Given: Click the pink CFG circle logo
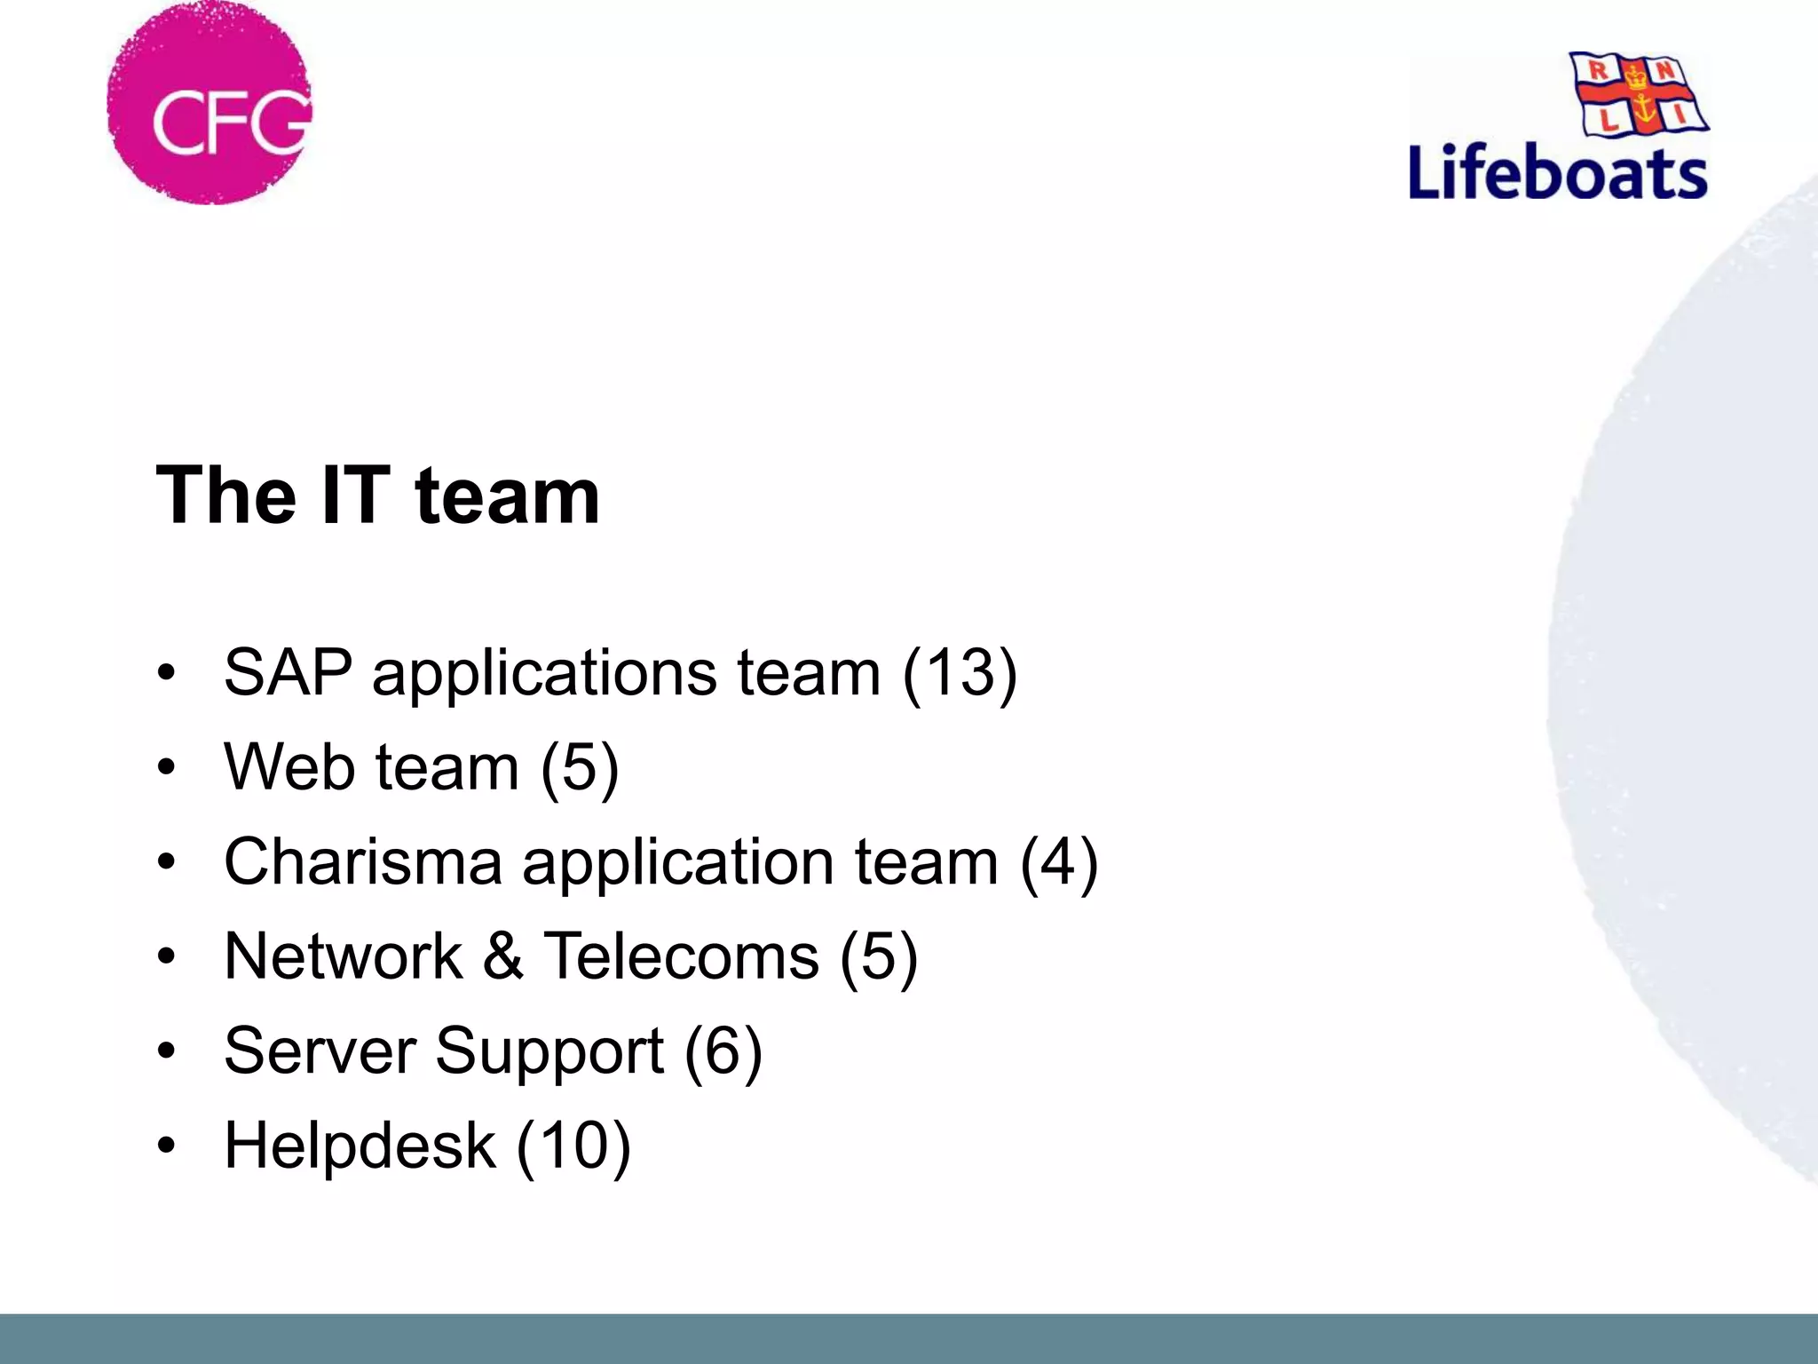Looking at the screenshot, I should click(x=209, y=104).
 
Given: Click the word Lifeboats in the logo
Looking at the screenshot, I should click(x=1558, y=172).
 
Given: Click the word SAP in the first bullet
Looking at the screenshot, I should click(x=288, y=672).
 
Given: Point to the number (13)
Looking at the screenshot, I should click(x=959, y=673).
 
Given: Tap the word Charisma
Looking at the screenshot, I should click(x=362, y=861).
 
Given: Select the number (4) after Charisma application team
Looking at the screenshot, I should click(x=1058, y=861).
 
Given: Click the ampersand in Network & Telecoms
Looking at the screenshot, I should click(x=502, y=956).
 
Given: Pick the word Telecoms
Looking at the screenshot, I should click(x=681, y=956).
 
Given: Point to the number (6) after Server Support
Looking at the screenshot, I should click(x=723, y=1051).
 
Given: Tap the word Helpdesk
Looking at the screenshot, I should click(x=360, y=1146).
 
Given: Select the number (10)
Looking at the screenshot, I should click(x=573, y=1146).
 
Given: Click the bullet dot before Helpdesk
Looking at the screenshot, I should click(x=166, y=1146).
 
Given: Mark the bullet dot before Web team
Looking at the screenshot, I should click(x=166, y=767).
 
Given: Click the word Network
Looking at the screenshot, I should click(x=344, y=956).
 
